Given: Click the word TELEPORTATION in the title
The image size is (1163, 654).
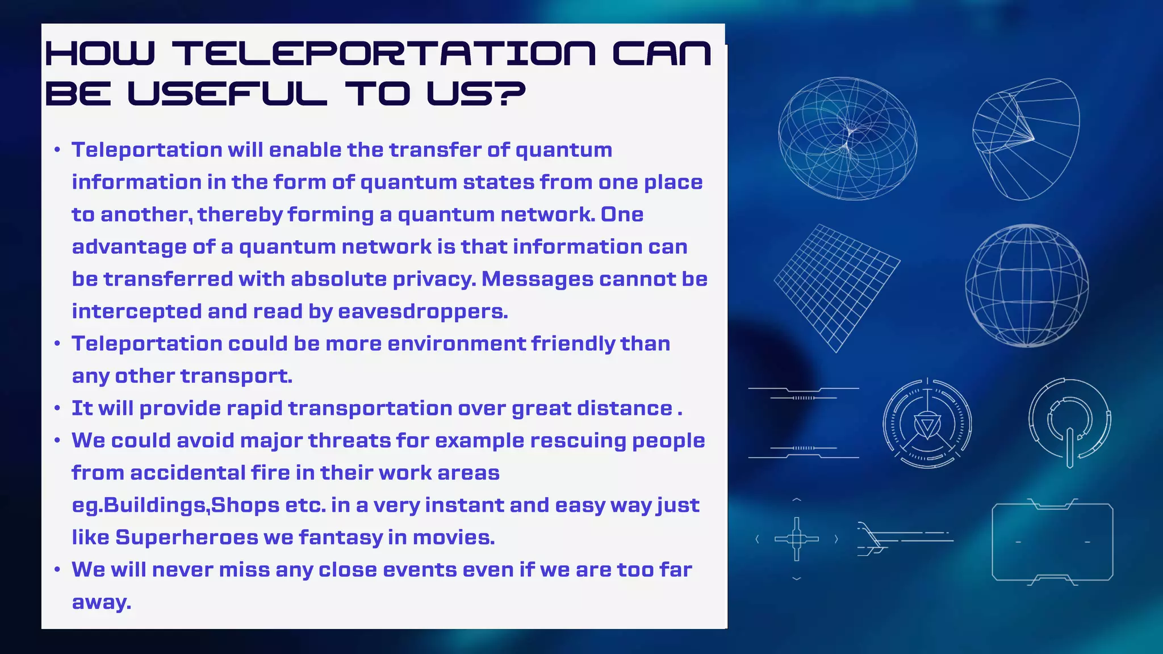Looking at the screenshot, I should (x=384, y=54).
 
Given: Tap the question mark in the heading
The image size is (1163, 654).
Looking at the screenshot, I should (x=507, y=94).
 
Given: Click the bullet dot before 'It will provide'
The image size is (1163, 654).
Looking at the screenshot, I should (x=57, y=409).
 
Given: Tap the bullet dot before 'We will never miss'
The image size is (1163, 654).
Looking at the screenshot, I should (x=57, y=570).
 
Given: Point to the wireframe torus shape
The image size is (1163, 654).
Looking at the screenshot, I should (x=847, y=139).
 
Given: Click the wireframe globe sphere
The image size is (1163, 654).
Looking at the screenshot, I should (x=1027, y=286).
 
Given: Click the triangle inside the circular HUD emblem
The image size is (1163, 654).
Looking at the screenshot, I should (x=927, y=426).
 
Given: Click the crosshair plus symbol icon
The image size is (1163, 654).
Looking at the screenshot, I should (x=796, y=539).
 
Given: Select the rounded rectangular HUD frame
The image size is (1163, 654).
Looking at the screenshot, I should (x=1052, y=542).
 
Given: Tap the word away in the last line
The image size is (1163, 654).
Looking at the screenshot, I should (x=101, y=602).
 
